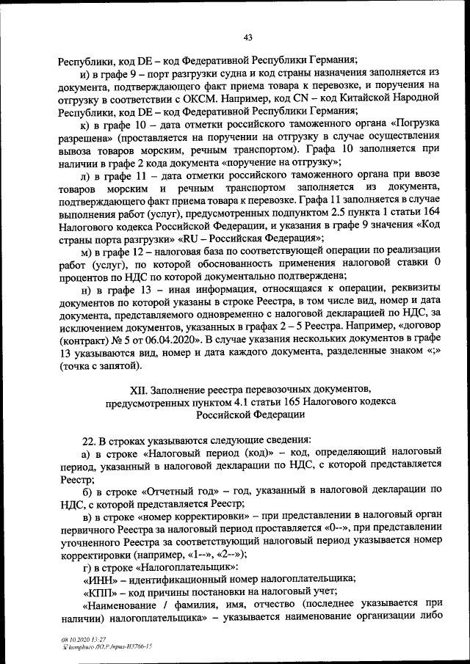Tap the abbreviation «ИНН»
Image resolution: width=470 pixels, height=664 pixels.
click(101, 578)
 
